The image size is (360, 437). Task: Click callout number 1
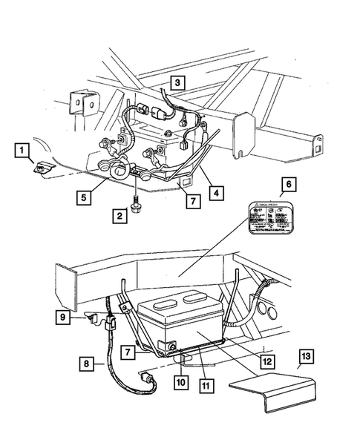[x=23, y=152]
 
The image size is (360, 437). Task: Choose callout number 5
[x=88, y=197]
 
